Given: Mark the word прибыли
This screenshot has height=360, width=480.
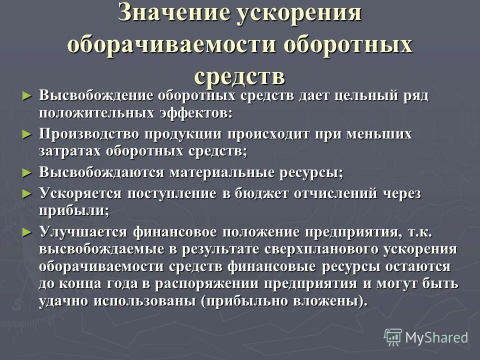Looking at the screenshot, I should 73,211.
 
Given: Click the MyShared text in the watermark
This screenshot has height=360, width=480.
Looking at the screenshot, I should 436,337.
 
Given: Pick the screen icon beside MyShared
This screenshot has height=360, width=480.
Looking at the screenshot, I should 393,337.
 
